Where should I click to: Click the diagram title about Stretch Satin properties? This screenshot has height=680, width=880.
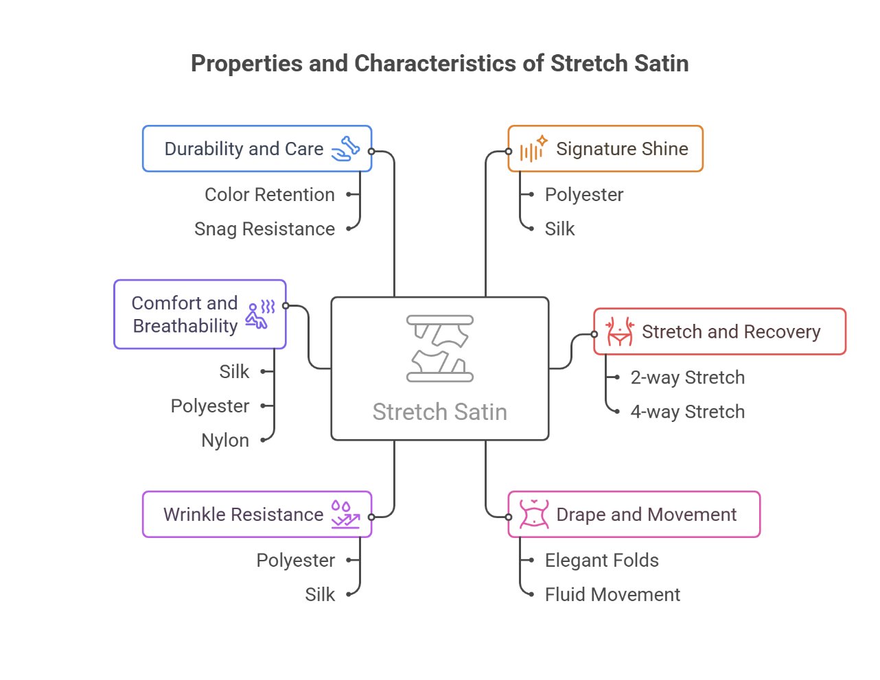(439, 64)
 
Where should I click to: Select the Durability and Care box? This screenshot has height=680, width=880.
(257, 149)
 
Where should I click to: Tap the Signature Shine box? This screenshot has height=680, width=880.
(605, 149)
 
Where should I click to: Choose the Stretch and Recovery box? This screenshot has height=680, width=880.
(719, 332)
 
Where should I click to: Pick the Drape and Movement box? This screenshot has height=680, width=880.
(634, 515)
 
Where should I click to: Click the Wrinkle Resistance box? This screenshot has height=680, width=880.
(257, 515)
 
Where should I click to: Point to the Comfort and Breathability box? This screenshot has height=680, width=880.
(199, 314)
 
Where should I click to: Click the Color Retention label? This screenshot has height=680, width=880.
(269, 195)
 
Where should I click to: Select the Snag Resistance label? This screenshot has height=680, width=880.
(264, 229)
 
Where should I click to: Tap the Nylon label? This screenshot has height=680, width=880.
(225, 441)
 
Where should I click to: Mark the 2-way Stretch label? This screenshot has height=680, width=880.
(687, 377)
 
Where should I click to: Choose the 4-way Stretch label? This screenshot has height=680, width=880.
(687, 412)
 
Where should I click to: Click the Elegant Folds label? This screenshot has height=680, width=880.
(601, 561)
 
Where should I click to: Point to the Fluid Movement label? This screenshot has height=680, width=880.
(612, 595)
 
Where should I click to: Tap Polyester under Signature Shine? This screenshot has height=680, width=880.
(583, 195)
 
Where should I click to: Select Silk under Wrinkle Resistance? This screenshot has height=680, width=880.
(320, 595)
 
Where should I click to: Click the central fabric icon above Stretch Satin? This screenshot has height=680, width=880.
(440, 349)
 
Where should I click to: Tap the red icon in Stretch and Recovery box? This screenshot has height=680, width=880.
(619, 331)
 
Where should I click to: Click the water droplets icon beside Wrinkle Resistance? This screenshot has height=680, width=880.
(345, 514)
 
